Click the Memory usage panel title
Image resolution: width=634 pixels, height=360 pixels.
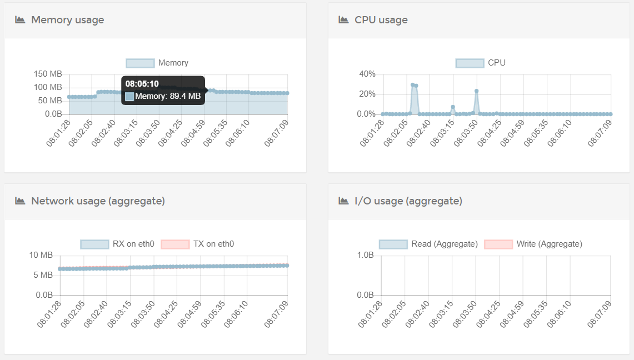point(67,20)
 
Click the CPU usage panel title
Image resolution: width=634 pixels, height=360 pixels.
point(381,20)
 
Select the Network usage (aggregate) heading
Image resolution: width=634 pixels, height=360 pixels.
point(98,201)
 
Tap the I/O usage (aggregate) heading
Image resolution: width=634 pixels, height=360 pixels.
point(408,201)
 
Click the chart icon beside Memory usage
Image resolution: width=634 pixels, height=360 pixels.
point(20,20)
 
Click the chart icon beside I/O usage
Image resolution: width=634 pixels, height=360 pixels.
point(343,201)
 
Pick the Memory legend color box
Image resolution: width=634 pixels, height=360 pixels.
point(140,63)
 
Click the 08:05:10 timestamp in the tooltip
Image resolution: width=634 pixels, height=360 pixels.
point(142,84)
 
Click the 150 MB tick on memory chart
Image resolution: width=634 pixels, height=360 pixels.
point(48,74)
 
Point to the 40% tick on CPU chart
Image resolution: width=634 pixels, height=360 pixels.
point(367,74)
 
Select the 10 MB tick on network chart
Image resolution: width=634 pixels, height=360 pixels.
point(41,256)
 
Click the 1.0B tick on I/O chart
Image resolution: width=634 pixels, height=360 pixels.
point(365,256)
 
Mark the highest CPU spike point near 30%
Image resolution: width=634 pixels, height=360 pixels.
point(412,85)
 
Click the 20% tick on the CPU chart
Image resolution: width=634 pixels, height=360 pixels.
point(367,94)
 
